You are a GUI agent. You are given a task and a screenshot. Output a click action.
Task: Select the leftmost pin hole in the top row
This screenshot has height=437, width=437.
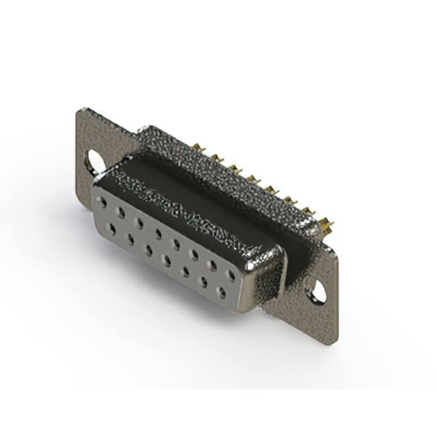pos(102,201)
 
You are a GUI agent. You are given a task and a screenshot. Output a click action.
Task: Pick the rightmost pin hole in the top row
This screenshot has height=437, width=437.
pos(231,275)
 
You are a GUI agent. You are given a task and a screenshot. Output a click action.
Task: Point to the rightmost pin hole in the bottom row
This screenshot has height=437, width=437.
pos(221,292)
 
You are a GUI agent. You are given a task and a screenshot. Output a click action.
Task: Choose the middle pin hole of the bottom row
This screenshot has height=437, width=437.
pos(166,260)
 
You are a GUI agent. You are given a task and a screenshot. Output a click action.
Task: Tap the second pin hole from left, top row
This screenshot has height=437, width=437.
pos(121,212)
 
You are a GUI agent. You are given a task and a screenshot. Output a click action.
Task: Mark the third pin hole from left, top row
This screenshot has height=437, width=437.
pos(139,223)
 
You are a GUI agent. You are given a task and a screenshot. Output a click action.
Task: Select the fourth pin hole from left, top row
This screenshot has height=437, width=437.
pos(158,233)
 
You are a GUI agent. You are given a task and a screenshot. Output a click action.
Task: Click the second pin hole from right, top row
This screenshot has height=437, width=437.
pos(213,265)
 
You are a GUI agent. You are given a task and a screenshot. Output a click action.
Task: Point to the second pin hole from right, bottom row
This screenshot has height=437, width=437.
pos(203,281)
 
